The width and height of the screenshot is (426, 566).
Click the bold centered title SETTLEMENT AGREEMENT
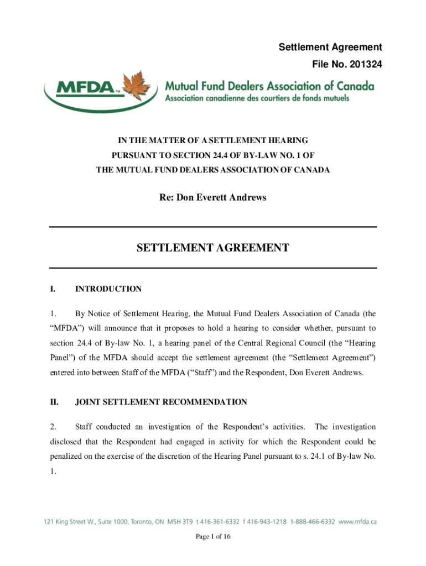213,248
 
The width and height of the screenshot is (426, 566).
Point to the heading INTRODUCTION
108,289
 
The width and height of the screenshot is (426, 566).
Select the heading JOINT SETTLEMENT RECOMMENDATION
161,402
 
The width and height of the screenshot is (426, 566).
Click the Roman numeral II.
54,402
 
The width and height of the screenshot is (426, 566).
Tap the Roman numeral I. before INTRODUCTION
53,289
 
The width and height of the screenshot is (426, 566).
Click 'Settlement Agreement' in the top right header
330,48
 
